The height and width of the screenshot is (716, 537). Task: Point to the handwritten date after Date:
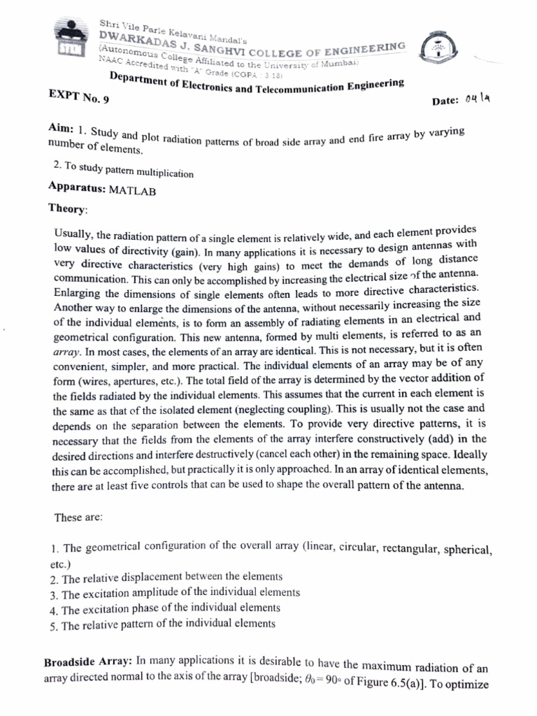(478, 99)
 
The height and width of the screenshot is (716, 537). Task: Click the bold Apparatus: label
(77, 188)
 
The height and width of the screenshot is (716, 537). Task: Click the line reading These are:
(78, 518)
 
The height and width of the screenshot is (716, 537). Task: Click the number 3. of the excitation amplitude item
(54, 594)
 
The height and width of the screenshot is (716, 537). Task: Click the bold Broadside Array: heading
(89, 661)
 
